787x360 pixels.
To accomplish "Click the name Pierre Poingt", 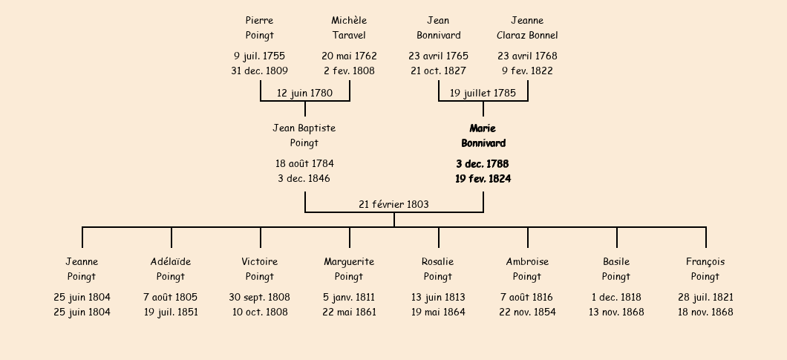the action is coord(260,27).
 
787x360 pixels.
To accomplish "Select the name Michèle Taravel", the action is coord(349,27).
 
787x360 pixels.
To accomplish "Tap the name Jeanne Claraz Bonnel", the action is coord(527,27).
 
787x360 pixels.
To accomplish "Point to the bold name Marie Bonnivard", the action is coord(483,136).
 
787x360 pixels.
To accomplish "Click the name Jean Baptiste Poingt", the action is coord(304,136).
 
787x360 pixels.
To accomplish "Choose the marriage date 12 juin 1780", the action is coord(304,93).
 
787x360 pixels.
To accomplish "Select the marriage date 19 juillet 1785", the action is coord(483,93).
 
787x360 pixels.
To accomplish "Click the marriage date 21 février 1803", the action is coord(393,204).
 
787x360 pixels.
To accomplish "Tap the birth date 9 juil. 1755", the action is coord(260,56).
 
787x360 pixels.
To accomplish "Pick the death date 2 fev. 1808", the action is coord(349,71).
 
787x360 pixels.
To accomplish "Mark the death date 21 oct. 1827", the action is coord(438,71).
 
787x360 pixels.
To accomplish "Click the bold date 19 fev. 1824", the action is coord(483,179).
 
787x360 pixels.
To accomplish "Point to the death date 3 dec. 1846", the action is coord(304,178).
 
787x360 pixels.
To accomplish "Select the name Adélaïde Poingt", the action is coord(171,269).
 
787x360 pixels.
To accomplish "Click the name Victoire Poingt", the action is coord(260,269).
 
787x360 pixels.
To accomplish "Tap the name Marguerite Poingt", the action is coord(349,269).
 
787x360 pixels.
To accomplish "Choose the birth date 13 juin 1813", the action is coord(438,297).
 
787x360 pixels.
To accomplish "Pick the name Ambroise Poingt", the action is coord(527,269).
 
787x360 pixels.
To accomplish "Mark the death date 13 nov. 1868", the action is coord(616,312).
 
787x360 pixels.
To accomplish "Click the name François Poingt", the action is coord(705,269).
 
